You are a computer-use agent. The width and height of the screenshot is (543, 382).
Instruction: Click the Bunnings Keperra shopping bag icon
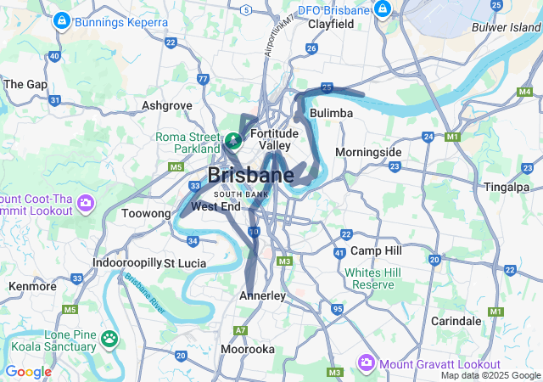click(x=62, y=20)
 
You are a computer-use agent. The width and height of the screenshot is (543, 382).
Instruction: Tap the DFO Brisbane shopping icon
click(x=383, y=9)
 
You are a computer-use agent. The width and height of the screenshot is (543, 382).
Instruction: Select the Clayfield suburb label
click(x=330, y=25)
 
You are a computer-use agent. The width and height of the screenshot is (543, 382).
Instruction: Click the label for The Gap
click(x=25, y=84)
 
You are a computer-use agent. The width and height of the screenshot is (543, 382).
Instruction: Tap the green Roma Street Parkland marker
click(x=232, y=138)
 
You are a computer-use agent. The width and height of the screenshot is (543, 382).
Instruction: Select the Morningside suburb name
click(x=368, y=152)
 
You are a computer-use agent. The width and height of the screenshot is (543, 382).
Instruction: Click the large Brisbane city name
click(x=250, y=176)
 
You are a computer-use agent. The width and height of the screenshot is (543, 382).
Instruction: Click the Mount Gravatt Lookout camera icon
click(x=367, y=362)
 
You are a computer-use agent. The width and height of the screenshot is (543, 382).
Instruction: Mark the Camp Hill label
click(x=376, y=251)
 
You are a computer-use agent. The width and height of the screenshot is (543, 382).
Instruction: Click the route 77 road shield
click(x=202, y=79)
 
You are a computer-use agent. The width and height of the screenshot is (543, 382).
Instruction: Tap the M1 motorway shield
click(x=452, y=136)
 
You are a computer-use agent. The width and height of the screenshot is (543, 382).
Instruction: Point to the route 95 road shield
click(x=337, y=309)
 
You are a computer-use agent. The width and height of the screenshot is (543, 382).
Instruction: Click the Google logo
click(x=28, y=371)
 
